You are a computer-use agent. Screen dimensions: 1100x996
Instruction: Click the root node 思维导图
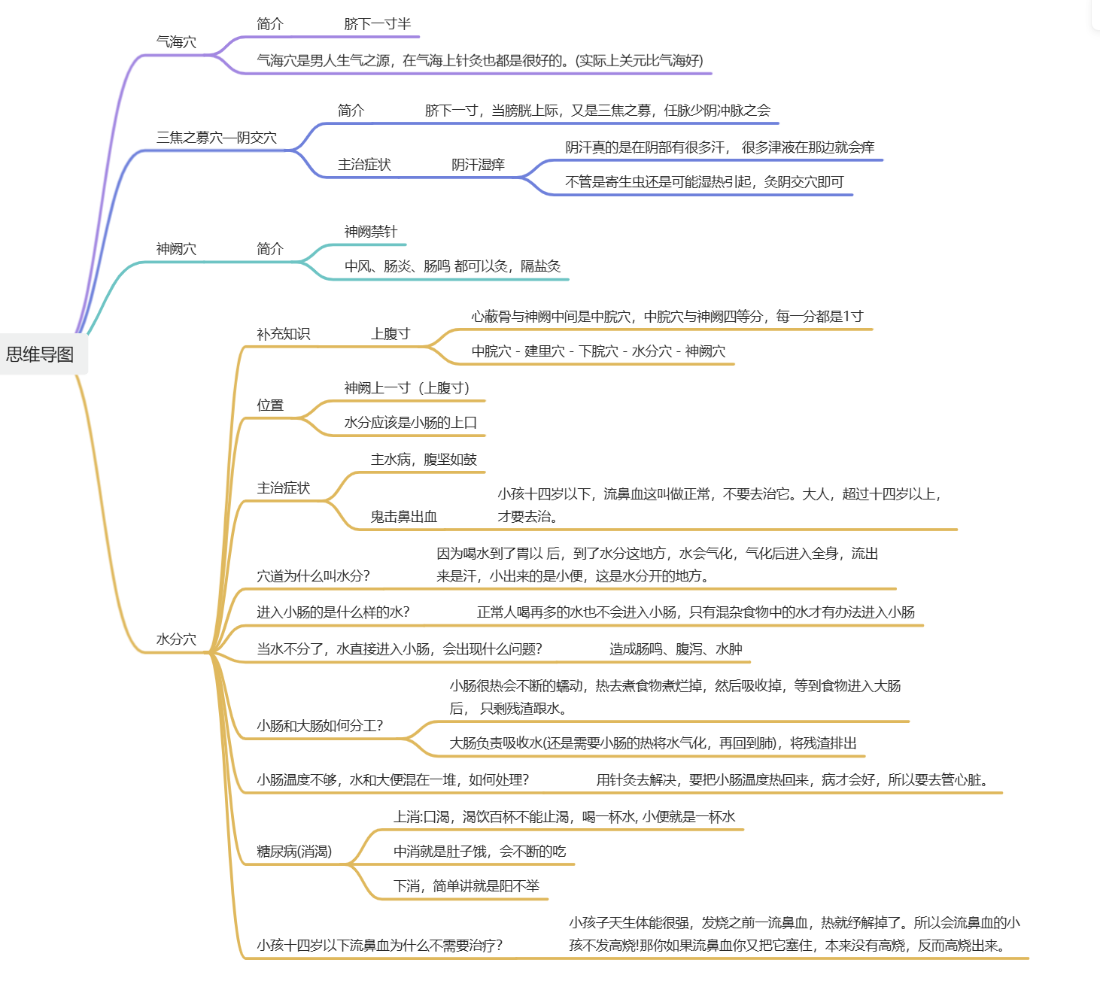(x=41, y=354)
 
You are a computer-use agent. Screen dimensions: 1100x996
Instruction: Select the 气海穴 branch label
(x=176, y=42)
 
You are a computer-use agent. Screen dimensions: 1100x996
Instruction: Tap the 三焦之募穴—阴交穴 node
(x=217, y=138)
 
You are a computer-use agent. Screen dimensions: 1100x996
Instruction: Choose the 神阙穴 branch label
(x=176, y=249)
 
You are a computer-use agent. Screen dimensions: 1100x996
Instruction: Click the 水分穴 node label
(x=176, y=639)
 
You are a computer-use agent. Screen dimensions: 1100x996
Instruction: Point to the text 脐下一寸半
(x=378, y=24)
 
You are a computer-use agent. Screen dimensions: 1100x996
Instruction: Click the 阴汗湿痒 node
(x=478, y=165)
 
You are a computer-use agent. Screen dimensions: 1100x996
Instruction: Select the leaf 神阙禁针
(x=371, y=232)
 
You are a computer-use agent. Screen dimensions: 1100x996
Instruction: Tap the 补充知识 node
(x=283, y=334)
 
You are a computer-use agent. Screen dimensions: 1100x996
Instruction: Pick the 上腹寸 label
(x=390, y=334)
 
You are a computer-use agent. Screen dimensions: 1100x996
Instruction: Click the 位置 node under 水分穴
(x=270, y=405)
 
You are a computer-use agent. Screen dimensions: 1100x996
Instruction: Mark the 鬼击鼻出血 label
(x=404, y=517)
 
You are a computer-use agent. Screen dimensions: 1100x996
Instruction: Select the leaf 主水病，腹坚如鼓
(x=424, y=460)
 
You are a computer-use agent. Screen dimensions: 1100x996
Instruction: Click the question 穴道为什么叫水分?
(x=313, y=576)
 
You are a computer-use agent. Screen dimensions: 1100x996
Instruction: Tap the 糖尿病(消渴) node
(x=294, y=852)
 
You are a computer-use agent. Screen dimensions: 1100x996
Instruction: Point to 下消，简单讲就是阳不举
(x=466, y=886)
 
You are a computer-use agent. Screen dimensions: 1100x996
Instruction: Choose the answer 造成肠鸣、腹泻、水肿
(x=676, y=649)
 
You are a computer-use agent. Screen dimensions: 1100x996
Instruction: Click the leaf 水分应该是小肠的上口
(x=411, y=423)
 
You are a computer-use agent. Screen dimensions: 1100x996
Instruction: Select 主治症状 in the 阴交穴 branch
(x=364, y=165)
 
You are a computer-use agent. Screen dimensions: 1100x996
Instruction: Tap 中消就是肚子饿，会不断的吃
(x=479, y=852)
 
